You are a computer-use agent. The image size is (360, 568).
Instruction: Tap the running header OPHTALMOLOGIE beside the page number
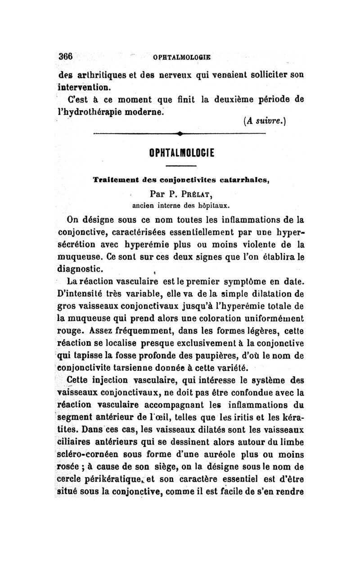(x=182, y=58)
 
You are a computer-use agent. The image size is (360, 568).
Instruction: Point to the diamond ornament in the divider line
(x=180, y=134)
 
